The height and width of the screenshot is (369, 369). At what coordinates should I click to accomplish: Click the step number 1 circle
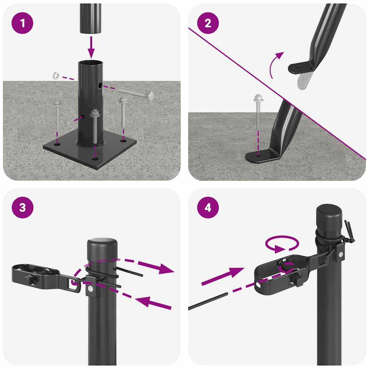point(23,23)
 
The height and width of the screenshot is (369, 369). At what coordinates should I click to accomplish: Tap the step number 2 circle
point(208,23)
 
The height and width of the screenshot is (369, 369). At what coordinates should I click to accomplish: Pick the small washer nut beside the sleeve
point(55,76)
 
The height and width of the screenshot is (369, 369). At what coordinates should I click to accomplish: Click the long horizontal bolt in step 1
point(135,94)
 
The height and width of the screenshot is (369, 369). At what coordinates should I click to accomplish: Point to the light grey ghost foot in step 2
point(303,80)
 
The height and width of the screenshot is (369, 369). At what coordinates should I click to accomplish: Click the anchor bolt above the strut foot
point(258,112)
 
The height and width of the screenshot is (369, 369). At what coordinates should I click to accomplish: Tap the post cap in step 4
point(329,216)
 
